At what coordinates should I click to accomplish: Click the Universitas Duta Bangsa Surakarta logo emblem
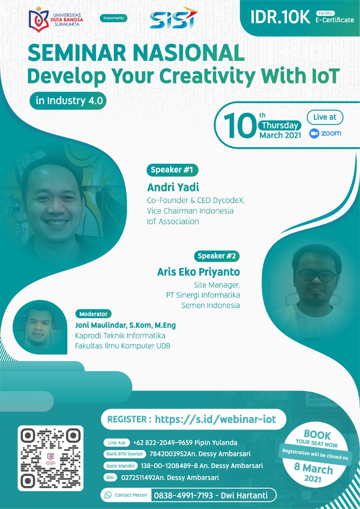39,20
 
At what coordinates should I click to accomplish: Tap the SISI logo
174,18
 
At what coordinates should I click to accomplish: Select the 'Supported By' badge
113,18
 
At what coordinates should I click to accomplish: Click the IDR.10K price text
280,17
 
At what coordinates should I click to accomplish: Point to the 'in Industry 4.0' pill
68,101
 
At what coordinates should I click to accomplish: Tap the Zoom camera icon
314,133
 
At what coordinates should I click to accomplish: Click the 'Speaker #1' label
172,170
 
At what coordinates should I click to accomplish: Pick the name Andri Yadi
173,187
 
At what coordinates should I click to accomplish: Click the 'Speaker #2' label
216,256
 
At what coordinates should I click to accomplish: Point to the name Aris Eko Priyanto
198,272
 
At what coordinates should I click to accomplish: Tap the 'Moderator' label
93,314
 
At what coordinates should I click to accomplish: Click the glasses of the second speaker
316,275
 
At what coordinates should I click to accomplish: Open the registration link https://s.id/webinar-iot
216,419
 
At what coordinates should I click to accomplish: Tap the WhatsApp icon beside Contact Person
108,495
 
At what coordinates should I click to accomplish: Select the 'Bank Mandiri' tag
121,466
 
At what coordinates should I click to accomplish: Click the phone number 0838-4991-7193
183,495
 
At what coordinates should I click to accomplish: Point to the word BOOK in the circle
317,435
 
